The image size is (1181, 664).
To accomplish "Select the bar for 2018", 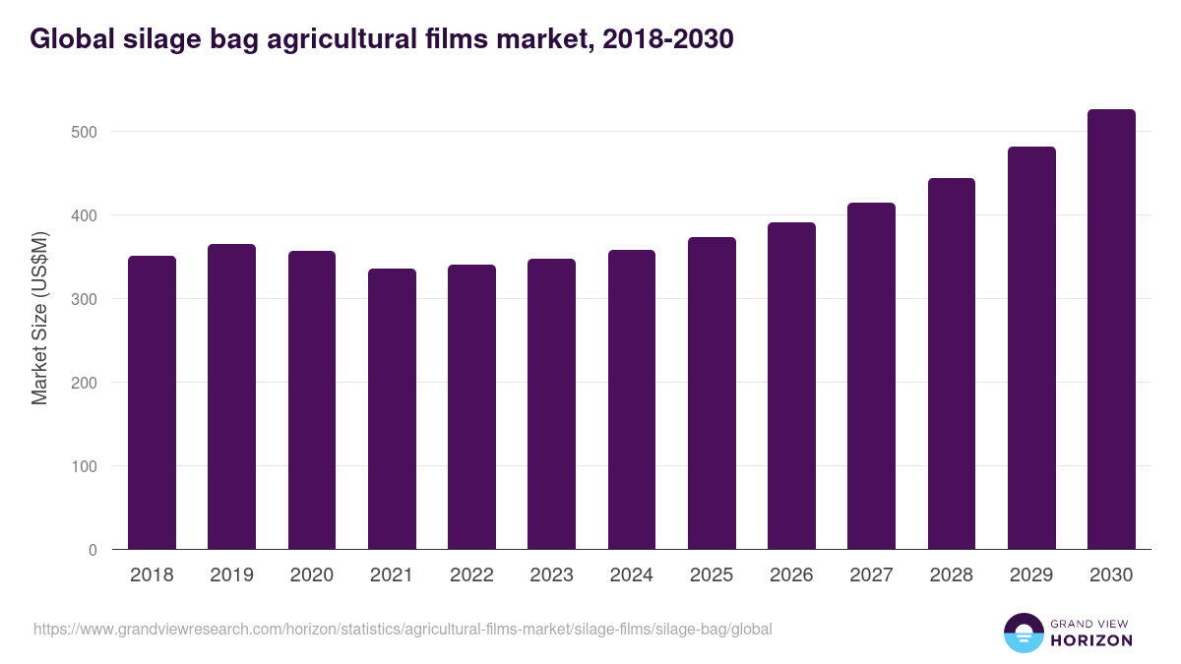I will (152, 403).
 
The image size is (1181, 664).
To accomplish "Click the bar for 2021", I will (392, 409).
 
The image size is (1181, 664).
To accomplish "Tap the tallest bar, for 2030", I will (1111, 330).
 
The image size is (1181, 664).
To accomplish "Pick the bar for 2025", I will (712, 393).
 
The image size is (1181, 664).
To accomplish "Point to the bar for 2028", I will (952, 364).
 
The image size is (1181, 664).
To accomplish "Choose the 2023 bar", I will (551, 404).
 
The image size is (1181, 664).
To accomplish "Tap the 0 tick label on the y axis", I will (93, 550).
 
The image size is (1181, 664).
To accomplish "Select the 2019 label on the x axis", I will (231, 575).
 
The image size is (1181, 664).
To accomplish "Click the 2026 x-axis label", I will (791, 575).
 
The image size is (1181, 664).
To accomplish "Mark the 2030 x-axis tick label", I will (1111, 575).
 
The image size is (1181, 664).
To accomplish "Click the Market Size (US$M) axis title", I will (40, 319).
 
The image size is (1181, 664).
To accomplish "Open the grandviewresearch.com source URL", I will (403, 629).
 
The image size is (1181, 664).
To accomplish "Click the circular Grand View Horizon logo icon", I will (1023, 633).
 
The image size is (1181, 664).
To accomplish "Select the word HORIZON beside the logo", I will (1091, 640).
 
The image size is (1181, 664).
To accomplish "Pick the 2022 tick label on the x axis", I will (471, 575).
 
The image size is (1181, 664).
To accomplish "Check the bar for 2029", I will (1031, 348).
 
